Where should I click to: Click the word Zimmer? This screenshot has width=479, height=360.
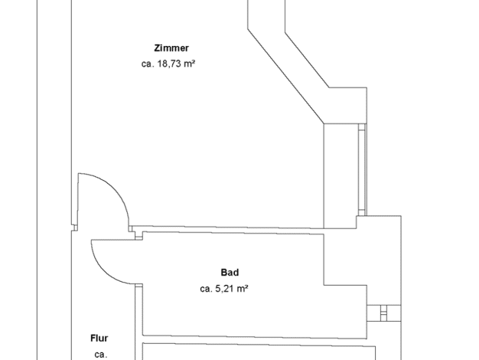(171, 48)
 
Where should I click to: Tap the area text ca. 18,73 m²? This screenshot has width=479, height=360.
(168, 64)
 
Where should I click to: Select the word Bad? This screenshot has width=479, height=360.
(230, 272)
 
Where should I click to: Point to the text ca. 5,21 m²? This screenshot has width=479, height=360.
(224, 289)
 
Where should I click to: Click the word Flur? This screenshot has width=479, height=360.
(99, 339)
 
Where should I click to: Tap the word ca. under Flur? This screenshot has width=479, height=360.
(101, 355)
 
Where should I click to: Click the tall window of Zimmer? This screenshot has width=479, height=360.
(362, 170)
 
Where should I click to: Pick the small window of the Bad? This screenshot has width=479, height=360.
(383, 313)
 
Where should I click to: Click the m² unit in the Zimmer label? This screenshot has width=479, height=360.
(188, 64)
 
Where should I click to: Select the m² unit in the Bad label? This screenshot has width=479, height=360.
(242, 288)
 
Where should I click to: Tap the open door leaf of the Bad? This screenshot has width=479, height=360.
(113, 240)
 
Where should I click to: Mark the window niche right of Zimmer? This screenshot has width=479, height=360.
(341, 176)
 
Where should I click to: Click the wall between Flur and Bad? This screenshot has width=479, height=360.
(138, 321)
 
